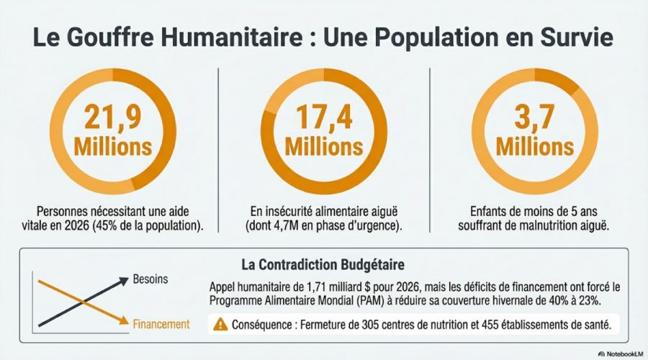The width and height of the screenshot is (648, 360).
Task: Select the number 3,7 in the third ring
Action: tap(534, 118)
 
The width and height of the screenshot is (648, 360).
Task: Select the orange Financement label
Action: tap(161, 325)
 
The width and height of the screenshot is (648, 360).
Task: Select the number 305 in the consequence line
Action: tap(377, 325)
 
